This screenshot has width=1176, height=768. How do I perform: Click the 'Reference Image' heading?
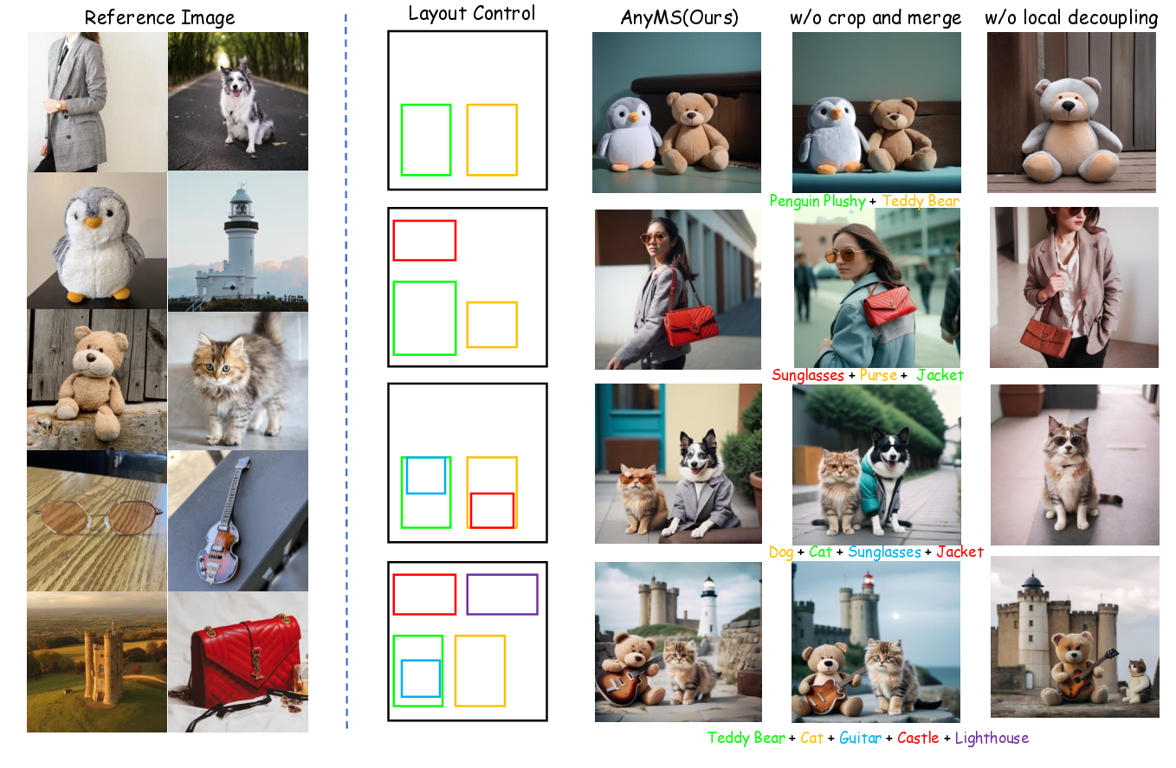(159, 17)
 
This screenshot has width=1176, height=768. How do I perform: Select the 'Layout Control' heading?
(472, 14)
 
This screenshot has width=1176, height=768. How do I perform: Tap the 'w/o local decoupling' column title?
(1071, 17)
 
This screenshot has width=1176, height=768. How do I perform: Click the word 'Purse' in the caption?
(879, 376)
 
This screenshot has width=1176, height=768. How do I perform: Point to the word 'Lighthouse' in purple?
(992, 739)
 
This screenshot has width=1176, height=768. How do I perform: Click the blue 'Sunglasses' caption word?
(884, 552)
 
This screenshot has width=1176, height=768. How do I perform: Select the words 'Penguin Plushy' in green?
(817, 201)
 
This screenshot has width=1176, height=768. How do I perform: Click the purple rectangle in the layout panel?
(502, 594)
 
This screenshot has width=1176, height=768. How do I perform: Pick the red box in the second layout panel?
(424, 240)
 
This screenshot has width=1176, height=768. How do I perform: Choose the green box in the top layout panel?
(426, 139)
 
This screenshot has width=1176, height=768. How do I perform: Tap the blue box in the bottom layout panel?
(420, 678)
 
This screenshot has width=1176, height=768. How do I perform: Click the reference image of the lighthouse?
(237, 241)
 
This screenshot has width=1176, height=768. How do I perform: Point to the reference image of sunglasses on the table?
(97, 520)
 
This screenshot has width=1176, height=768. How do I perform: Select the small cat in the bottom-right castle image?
(1137, 681)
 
